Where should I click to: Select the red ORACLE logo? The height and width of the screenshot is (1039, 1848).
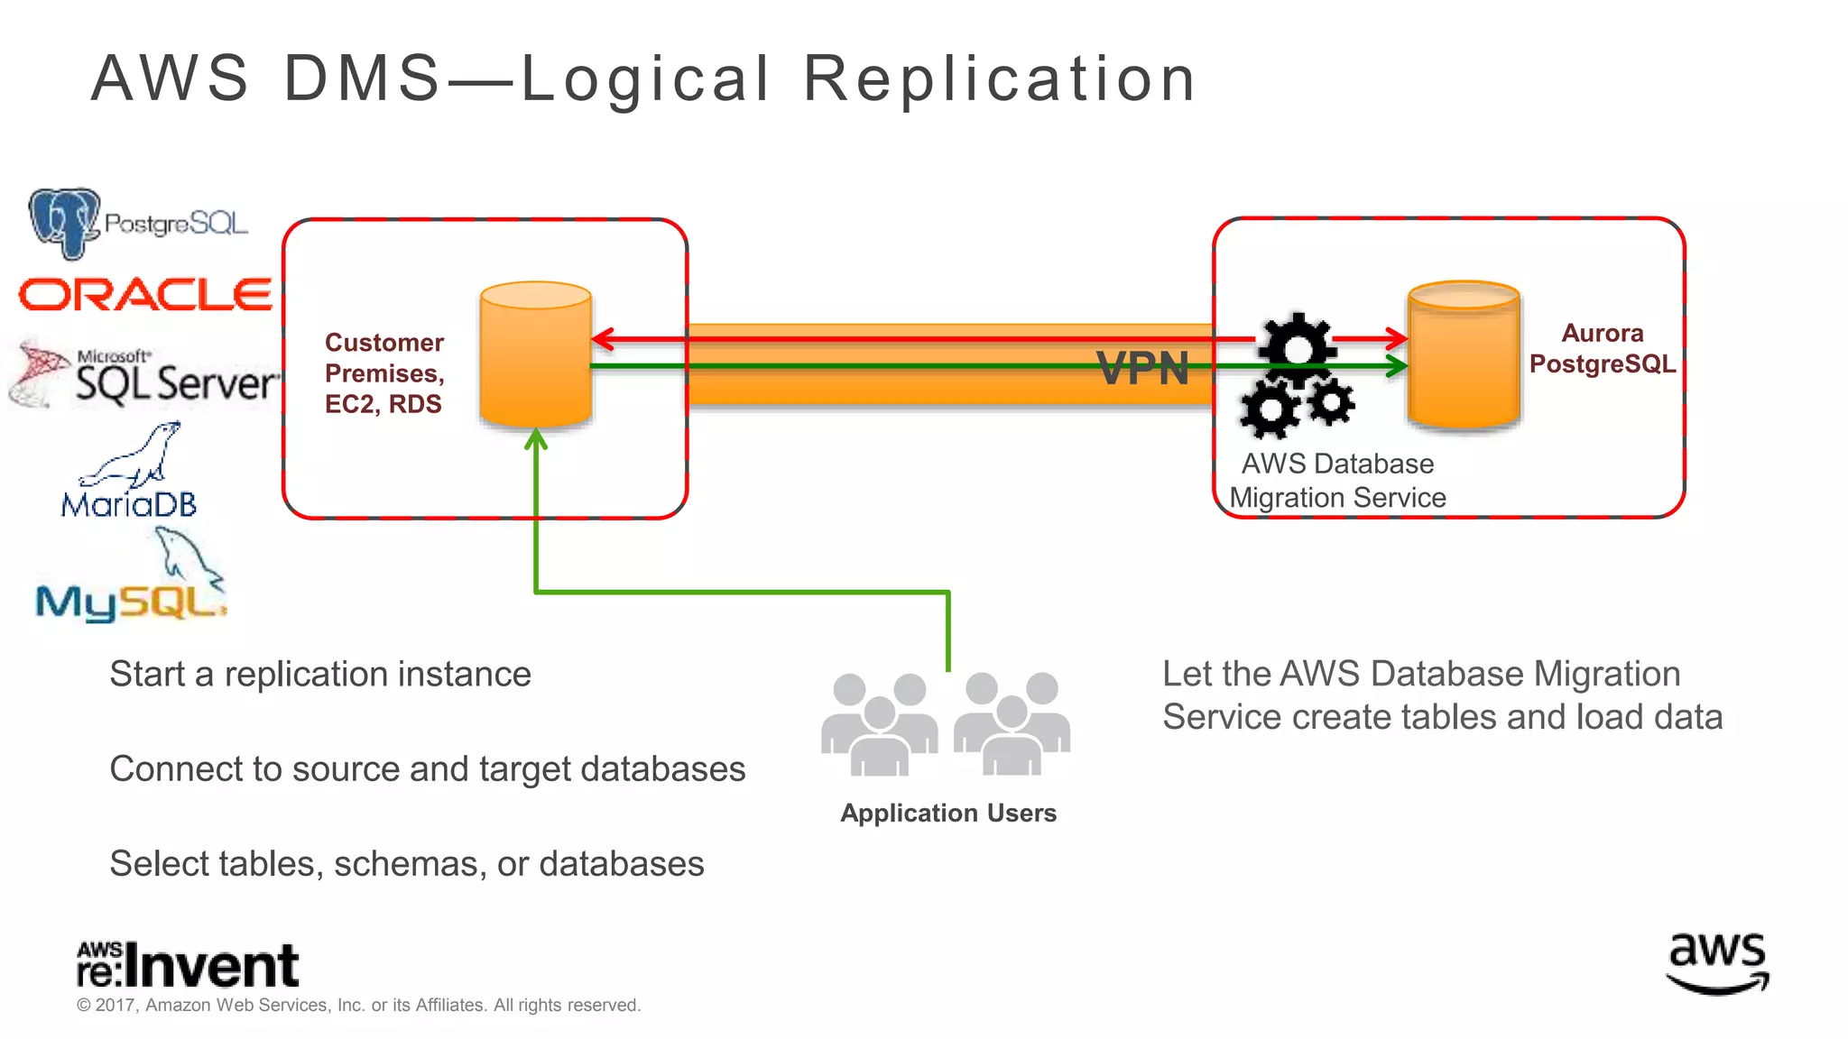[145, 295]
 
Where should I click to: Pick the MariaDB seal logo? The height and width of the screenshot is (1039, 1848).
[129, 472]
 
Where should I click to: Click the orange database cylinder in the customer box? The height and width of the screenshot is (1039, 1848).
[535, 354]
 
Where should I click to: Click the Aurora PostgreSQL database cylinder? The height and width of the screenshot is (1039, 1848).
[1464, 354]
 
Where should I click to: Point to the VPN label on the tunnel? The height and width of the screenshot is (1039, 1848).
[1142, 368]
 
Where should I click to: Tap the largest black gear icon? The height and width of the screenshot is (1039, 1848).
[1296, 347]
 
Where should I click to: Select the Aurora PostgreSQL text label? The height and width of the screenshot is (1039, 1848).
[1602, 348]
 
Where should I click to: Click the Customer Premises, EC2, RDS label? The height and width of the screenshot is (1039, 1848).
[383, 372]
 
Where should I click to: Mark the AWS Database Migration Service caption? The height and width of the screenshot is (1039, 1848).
[1337, 480]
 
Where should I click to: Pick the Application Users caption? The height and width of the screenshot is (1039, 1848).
[947, 813]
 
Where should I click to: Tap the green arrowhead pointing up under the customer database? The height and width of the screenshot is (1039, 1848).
[536, 439]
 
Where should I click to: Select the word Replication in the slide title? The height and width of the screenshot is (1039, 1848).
[1000, 78]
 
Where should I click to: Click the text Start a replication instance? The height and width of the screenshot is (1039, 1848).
[320, 675]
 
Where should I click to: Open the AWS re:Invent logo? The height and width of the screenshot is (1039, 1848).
[187, 964]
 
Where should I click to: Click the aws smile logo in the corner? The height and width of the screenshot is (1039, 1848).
[1717, 963]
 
